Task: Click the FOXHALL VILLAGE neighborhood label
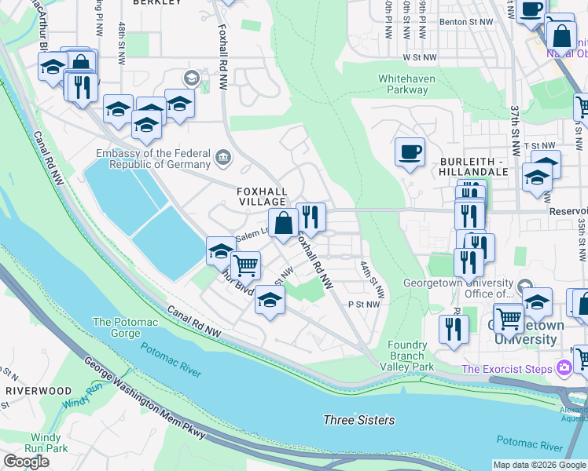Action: (x=263, y=195)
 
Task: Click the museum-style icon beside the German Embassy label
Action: (x=223, y=159)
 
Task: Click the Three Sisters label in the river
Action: (x=359, y=420)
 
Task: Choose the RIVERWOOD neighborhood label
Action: (x=39, y=390)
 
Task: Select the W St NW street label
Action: (x=419, y=57)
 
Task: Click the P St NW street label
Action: (x=364, y=305)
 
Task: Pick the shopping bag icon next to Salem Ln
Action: (x=283, y=223)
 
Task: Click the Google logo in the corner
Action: (x=27, y=462)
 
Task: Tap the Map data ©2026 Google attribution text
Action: (x=538, y=465)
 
